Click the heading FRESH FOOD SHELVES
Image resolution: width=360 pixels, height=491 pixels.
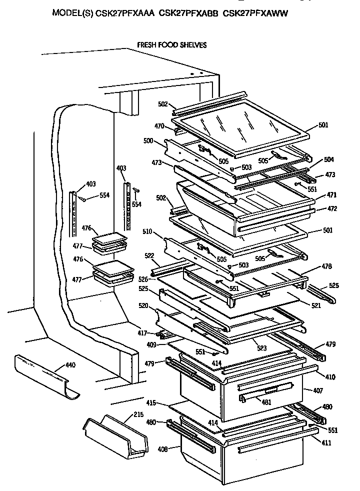pos(171,45)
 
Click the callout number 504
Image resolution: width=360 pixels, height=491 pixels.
pos(328,159)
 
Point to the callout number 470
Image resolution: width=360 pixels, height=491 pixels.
pos(159,127)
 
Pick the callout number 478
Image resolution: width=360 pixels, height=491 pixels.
pos(327,266)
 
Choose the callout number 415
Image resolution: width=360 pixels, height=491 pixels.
pos(151,402)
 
